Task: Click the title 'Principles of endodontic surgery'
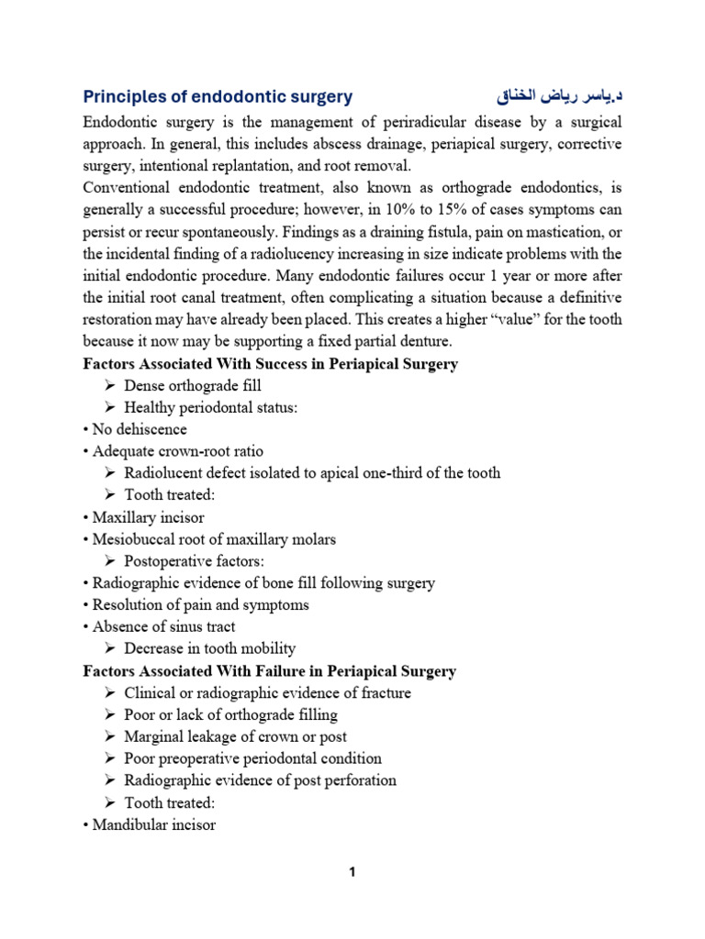pos(218,97)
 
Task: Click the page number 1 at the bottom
pos(352,872)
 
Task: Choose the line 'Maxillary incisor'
pos(148,517)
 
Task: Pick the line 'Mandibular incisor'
pos(153,824)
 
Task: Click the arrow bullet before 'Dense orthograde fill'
pos(109,386)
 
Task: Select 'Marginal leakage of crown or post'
pos(235,736)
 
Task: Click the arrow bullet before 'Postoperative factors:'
pos(109,561)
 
